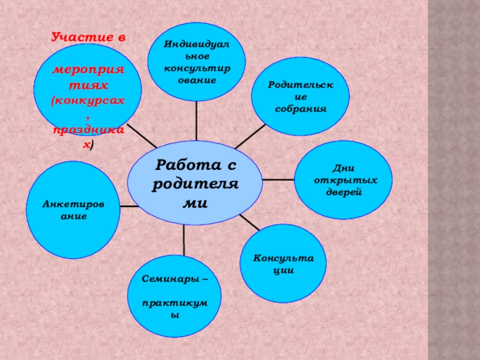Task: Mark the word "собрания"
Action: point(301,109)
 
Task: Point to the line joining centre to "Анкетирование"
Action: point(128,206)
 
